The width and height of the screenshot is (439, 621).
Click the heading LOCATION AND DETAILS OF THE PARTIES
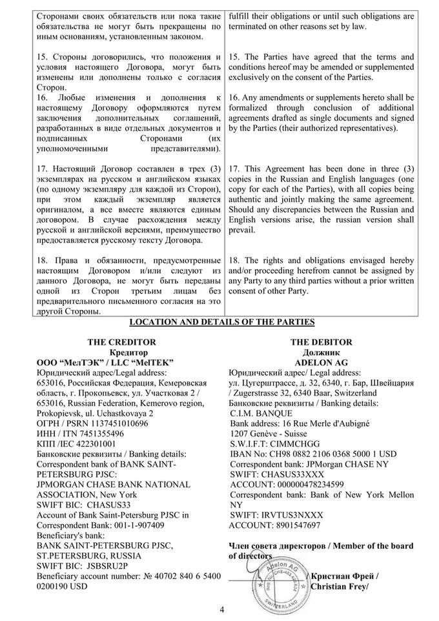click(222, 321)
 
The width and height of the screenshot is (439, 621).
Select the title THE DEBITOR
click(321, 342)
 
